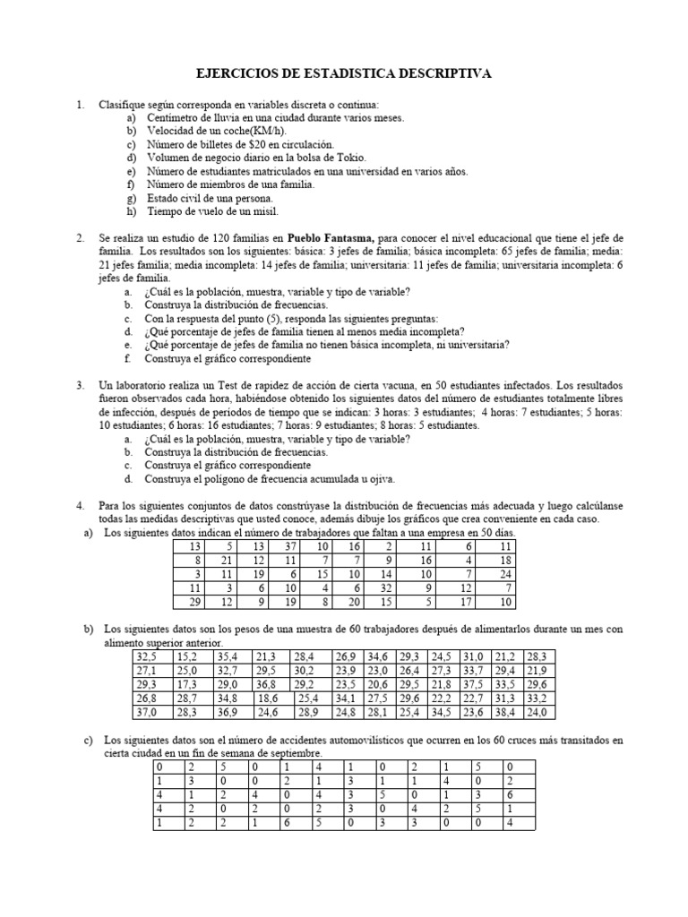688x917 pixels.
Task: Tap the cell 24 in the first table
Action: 506,573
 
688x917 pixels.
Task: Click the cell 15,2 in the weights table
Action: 185,656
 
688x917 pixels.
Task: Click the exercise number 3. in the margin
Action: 81,385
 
